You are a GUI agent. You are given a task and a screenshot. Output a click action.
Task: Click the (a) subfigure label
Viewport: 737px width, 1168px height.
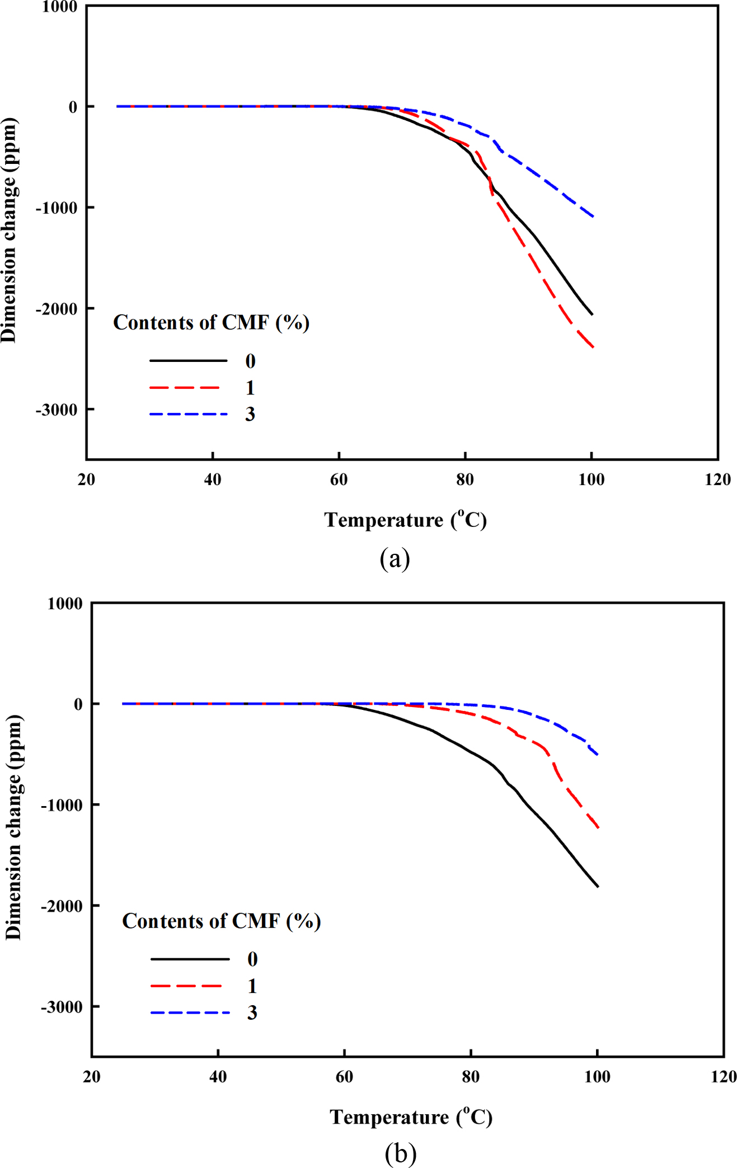tap(395, 558)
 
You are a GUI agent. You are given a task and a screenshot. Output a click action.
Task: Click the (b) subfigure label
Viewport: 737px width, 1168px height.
tap(400, 1153)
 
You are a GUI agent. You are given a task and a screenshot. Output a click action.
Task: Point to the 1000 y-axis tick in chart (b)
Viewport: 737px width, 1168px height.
tap(65, 604)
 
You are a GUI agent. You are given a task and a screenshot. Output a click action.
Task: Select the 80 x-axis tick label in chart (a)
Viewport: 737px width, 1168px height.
tap(464, 479)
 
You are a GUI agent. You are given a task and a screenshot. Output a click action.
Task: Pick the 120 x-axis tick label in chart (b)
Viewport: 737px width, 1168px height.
tap(724, 1077)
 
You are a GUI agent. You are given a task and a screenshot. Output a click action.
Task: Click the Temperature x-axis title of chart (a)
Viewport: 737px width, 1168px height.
tap(405, 520)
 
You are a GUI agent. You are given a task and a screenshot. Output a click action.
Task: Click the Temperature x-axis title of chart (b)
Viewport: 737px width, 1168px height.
tap(411, 1117)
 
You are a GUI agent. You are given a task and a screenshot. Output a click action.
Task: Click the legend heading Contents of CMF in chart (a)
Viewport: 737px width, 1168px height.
tap(211, 323)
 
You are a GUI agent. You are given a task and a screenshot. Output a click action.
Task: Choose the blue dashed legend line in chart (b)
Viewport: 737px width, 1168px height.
tap(190, 1012)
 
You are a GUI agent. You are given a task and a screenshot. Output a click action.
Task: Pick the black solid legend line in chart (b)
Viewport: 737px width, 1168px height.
tap(190, 959)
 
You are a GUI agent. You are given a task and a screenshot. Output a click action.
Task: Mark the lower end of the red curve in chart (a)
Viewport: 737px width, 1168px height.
tap(593, 347)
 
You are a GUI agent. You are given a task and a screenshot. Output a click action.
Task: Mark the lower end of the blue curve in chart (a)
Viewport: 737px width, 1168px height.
tap(593, 216)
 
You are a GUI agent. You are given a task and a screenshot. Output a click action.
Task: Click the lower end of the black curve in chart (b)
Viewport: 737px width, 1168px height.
tap(598, 887)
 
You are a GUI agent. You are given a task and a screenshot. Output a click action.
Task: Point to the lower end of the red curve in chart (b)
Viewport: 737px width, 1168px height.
tap(598, 827)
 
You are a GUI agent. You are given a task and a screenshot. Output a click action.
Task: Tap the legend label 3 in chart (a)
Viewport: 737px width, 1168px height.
tap(250, 415)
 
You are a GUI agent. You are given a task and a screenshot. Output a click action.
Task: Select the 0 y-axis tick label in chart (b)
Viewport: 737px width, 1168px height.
tap(78, 704)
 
